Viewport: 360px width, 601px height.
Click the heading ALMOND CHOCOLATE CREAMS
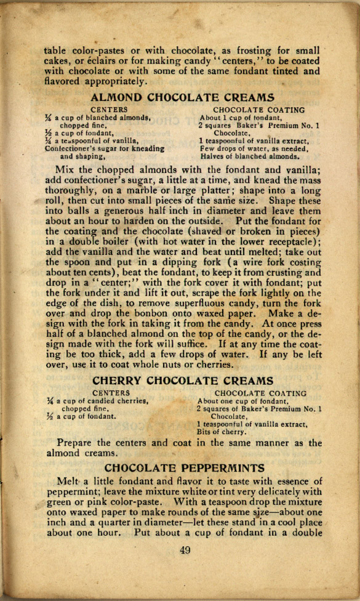(182, 97)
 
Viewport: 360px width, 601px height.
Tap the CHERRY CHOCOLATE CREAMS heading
(182, 381)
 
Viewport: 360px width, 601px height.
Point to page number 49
(185, 550)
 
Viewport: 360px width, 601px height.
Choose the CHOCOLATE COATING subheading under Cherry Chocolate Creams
(260, 393)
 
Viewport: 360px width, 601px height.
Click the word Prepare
(78, 443)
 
